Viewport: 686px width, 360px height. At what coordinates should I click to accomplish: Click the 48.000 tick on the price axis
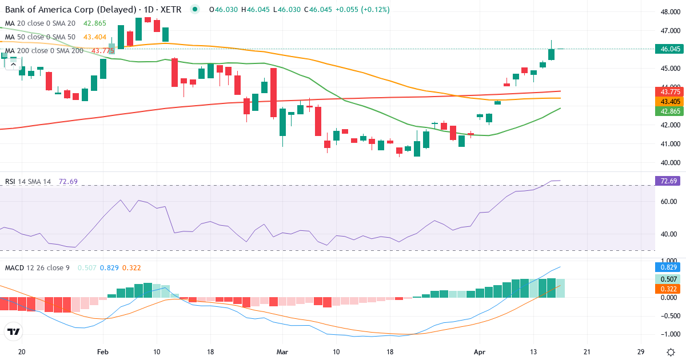coord(669,11)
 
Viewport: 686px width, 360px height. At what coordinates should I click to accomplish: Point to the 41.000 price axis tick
coord(669,143)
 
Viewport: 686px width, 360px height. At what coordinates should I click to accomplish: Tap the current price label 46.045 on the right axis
coord(669,49)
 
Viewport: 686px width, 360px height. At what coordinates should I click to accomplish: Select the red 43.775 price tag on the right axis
coord(669,91)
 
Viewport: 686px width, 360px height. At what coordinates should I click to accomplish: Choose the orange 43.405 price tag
coord(669,101)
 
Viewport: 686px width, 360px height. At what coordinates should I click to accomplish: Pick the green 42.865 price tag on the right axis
coord(669,111)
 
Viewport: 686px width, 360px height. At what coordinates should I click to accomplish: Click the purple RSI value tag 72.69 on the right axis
coord(669,181)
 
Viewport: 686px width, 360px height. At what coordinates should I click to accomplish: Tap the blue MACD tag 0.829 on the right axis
coord(669,267)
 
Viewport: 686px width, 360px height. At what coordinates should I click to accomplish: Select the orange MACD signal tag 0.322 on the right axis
coord(669,289)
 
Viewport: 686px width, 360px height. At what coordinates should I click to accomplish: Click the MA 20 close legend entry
coord(40,23)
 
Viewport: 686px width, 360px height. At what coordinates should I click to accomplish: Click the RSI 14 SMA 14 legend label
coord(28,182)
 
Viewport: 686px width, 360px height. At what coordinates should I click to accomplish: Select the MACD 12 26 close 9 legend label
coord(37,267)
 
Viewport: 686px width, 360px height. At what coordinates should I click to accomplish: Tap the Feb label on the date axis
coord(103,351)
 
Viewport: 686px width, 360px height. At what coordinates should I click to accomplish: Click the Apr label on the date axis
coord(479,351)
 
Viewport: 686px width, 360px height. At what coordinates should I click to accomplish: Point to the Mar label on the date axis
coord(282,351)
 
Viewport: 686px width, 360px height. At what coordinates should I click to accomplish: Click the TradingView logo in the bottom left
coord(13,331)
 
